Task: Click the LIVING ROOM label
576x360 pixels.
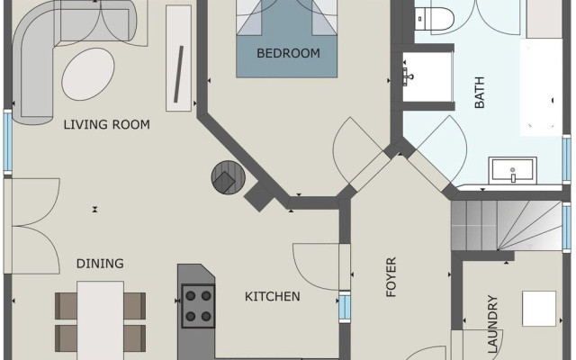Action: click(106, 124)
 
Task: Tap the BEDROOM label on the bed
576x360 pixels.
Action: click(288, 53)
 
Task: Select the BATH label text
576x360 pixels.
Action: click(480, 93)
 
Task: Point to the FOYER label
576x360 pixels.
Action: click(391, 277)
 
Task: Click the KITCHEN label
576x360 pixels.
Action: click(272, 296)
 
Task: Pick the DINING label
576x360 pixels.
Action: click(100, 264)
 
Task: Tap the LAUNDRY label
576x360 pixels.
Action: click(492, 324)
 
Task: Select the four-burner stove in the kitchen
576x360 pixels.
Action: click(198, 306)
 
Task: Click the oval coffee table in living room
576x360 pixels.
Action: click(88, 74)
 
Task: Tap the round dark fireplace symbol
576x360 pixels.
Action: click(228, 177)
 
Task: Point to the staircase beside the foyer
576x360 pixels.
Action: click(507, 225)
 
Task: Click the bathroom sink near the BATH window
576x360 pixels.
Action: click(512, 170)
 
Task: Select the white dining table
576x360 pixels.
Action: click(100, 320)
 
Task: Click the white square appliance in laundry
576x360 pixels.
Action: click(539, 309)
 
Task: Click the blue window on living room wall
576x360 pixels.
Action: click(8, 142)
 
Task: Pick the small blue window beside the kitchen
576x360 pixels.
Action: click(345, 307)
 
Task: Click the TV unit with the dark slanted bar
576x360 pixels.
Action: click(179, 58)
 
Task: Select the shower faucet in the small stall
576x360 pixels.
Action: click(408, 76)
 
